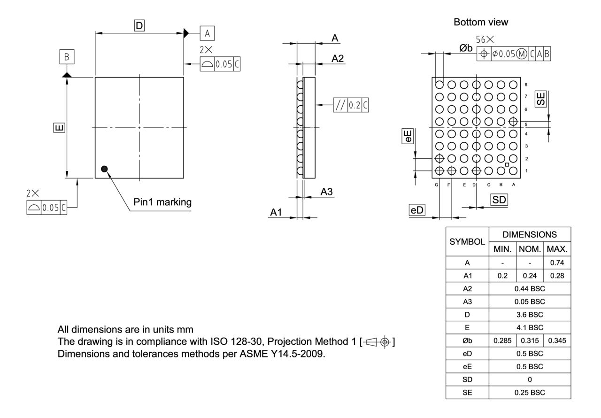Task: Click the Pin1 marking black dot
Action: point(104,169)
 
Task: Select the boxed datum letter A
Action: point(207,33)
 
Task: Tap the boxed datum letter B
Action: point(66,57)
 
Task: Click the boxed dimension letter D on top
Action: point(139,26)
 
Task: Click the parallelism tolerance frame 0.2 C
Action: point(350,105)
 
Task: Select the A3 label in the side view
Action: point(327,192)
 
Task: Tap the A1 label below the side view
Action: point(276,212)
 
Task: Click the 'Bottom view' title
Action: point(481,22)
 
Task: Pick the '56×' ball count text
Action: point(485,41)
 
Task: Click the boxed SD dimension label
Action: point(499,200)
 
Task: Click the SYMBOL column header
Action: point(467,242)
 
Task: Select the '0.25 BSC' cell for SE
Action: point(530,391)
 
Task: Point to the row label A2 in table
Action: point(467,289)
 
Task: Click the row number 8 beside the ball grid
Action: point(526,85)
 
